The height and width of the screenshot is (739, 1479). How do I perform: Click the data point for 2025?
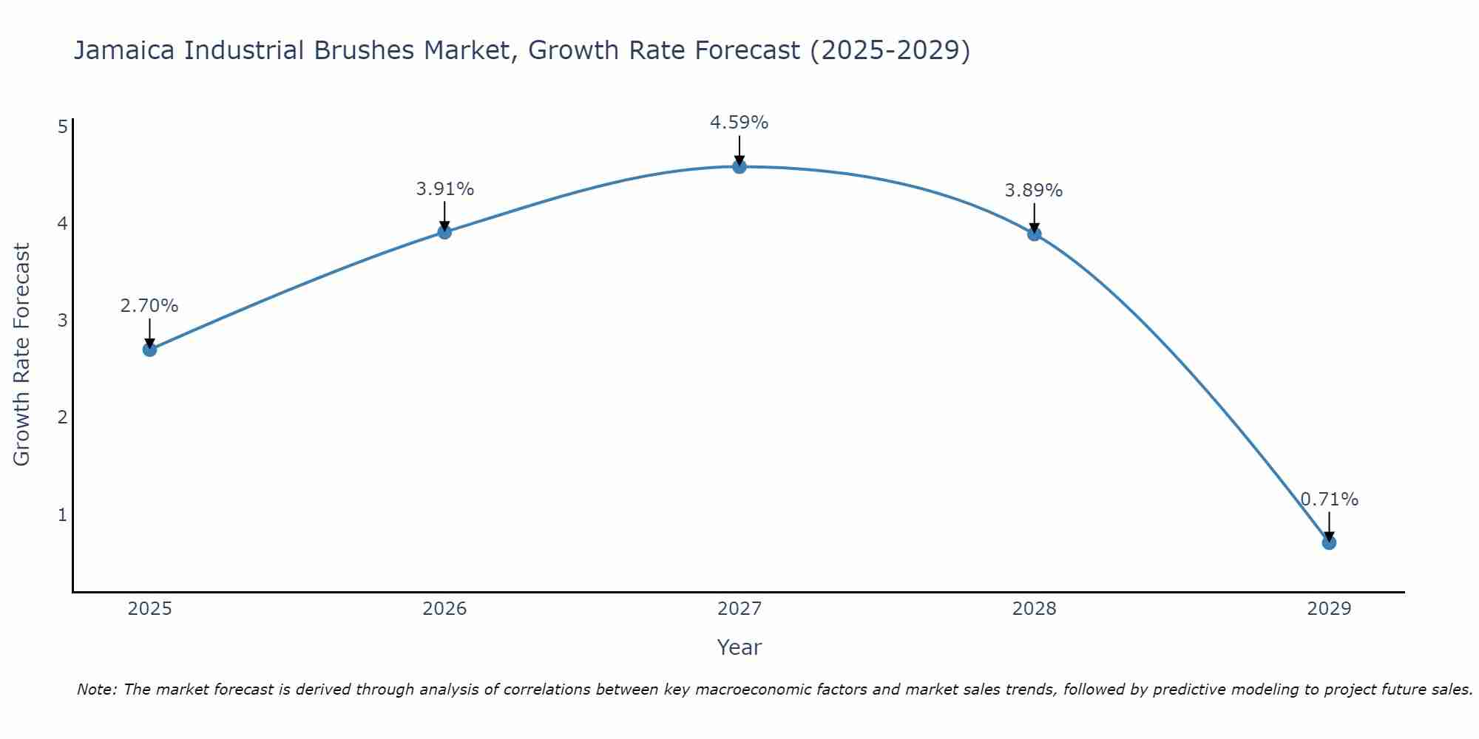149,349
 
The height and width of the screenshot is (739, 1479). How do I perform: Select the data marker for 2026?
444,232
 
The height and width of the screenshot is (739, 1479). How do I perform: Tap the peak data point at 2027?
739,166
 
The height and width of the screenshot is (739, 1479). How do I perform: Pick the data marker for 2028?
1034,234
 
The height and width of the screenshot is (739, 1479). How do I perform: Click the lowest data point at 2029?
1329,542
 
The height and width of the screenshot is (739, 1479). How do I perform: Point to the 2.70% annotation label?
149,306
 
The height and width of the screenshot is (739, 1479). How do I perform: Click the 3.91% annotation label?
444,189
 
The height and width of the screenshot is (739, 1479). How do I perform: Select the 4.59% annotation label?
739,123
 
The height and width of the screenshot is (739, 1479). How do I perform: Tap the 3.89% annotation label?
1034,191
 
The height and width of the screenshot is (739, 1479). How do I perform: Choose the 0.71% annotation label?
1329,500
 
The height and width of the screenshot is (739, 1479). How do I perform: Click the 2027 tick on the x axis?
739,609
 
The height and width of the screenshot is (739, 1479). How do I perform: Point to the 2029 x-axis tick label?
1329,609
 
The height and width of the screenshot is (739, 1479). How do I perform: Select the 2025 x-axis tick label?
149,609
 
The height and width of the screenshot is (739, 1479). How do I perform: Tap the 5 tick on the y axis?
63,126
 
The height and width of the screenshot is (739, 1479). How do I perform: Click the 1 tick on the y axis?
63,514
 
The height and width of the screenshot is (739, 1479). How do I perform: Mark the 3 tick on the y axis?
63,321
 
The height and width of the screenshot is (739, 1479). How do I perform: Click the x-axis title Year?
739,647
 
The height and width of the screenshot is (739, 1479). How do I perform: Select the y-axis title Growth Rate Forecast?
22,355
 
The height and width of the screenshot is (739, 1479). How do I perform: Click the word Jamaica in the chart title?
125,50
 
